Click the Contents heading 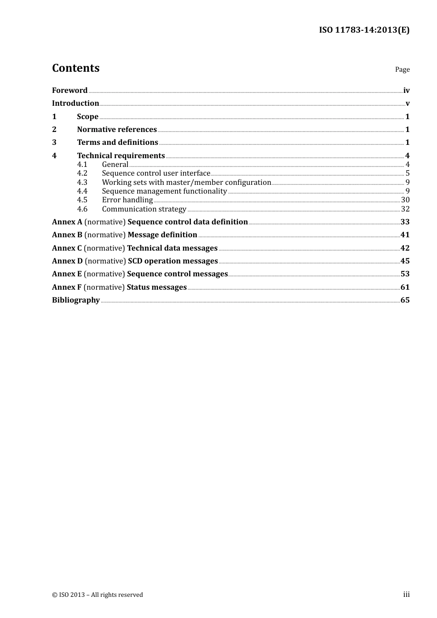[x=75, y=68]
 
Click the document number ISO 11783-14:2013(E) [x=364, y=30]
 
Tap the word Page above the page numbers [x=402, y=69]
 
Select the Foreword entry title [x=69, y=91]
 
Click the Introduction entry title [x=75, y=103]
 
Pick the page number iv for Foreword [x=406, y=91]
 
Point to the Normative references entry [x=117, y=130]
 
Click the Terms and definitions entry [x=117, y=143]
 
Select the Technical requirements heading [x=121, y=156]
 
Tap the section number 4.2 [x=82, y=173]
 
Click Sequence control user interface [x=156, y=173]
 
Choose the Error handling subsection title [x=127, y=200]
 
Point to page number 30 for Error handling [x=405, y=200]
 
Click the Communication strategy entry [x=144, y=209]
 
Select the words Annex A [x=67, y=222]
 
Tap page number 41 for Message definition [x=405, y=235]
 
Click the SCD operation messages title [x=172, y=261]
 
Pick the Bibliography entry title [x=76, y=300]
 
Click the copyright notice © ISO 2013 [x=98, y=595]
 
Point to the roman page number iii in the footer [x=406, y=595]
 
